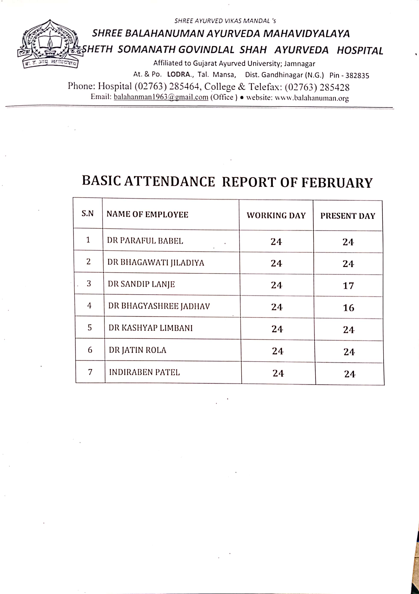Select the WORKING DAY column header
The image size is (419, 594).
pos(276,215)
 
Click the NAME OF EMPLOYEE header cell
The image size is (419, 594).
pos(147,214)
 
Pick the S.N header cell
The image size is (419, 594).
pos(88,214)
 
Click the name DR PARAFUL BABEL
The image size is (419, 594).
pos(145,241)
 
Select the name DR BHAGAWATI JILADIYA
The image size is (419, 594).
pos(156,263)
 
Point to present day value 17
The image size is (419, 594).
pos(348,286)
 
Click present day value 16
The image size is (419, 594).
pos(348,308)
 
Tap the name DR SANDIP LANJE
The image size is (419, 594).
pos(141,284)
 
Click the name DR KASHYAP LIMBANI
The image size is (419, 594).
pos(151,328)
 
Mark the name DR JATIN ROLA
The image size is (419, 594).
pos(137,350)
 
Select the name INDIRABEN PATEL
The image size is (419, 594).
pos(144,372)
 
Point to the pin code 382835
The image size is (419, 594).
pos(357,76)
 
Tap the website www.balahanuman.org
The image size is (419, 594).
pos(311,98)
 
